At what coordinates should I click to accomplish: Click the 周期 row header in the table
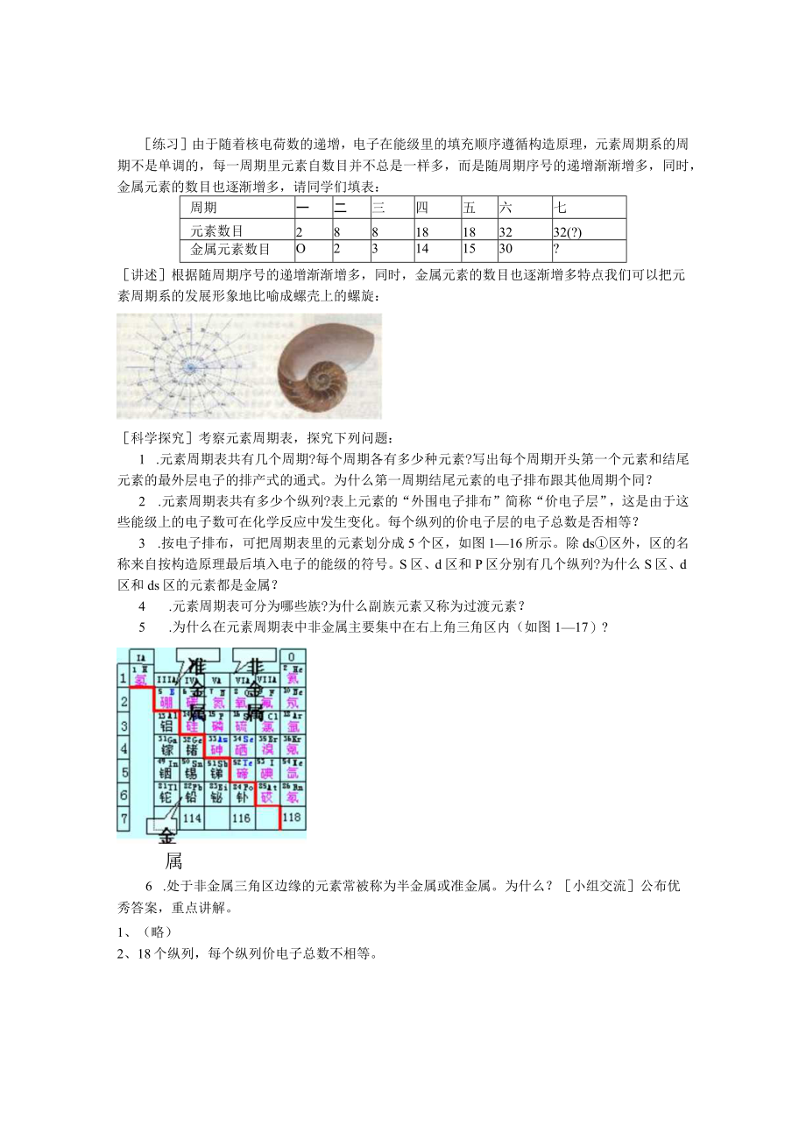tap(204, 209)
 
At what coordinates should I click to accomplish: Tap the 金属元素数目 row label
tap(230, 251)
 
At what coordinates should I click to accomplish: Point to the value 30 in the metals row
tap(506, 251)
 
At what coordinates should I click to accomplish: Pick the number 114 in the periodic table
tap(192, 818)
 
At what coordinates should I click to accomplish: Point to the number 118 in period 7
tap(293, 818)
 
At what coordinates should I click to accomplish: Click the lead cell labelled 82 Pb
tap(192, 794)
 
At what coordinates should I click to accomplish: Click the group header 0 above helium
tap(293, 655)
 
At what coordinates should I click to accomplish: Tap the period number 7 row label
tap(124, 818)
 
